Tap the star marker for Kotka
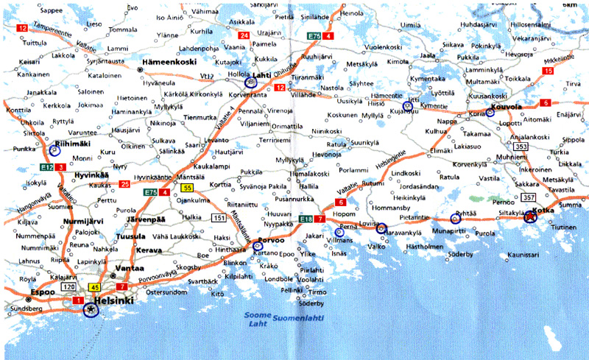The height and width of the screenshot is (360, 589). [x=530, y=217]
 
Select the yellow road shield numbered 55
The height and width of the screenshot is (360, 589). [x=188, y=188]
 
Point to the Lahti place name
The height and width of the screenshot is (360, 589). [x=262, y=75]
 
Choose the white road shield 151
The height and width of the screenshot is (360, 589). [x=219, y=218]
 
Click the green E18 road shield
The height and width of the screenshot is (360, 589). [x=307, y=219]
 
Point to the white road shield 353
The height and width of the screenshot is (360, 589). [x=521, y=147]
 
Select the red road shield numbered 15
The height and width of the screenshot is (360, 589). [x=547, y=71]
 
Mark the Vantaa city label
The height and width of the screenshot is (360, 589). [x=129, y=269]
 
